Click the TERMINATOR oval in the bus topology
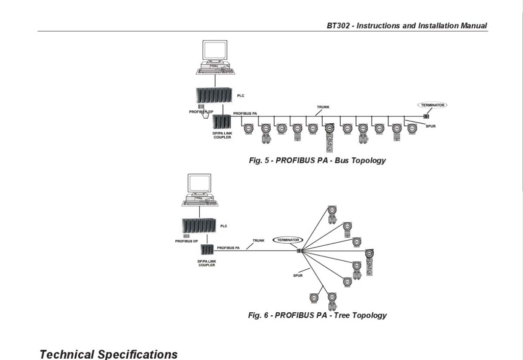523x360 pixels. click(x=432, y=102)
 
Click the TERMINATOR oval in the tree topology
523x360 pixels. click(x=287, y=237)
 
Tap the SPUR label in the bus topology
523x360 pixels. click(x=431, y=126)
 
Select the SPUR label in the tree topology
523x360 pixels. click(x=298, y=275)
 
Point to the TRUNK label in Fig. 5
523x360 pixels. click(x=323, y=107)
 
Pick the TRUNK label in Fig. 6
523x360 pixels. click(x=258, y=241)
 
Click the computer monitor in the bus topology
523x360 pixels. click(x=215, y=50)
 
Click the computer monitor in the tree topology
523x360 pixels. click(x=199, y=183)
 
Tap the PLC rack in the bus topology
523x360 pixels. click(x=214, y=95)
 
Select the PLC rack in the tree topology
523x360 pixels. click(x=199, y=225)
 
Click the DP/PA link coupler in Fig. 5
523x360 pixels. click(x=222, y=122)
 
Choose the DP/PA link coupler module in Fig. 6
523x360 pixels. click(x=207, y=250)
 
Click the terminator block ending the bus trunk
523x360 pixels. click(x=426, y=116)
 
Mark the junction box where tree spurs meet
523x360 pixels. click(x=300, y=251)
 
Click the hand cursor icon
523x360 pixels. click(x=205, y=114)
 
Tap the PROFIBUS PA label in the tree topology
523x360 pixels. click(x=228, y=248)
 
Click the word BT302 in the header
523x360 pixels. click(x=338, y=26)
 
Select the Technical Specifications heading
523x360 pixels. click(x=109, y=354)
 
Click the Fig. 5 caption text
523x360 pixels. click(x=317, y=160)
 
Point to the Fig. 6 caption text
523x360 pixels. click(x=317, y=315)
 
